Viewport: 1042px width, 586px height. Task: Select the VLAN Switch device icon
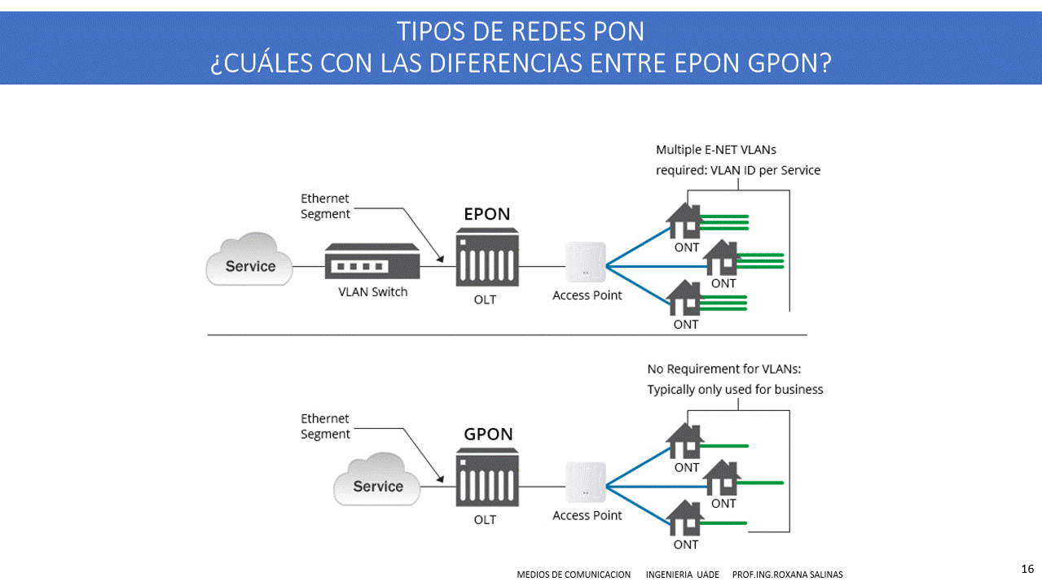372,265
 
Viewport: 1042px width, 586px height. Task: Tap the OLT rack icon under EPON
487,256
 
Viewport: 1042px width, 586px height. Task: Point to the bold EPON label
487,214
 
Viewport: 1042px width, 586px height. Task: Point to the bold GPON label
488,434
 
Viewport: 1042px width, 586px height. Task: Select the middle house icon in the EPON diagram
723,257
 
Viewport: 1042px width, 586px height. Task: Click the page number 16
1027,568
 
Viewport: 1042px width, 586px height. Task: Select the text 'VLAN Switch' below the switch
372,292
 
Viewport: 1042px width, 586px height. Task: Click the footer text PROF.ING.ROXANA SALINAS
787,575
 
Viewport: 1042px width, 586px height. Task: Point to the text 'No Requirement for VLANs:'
724,369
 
